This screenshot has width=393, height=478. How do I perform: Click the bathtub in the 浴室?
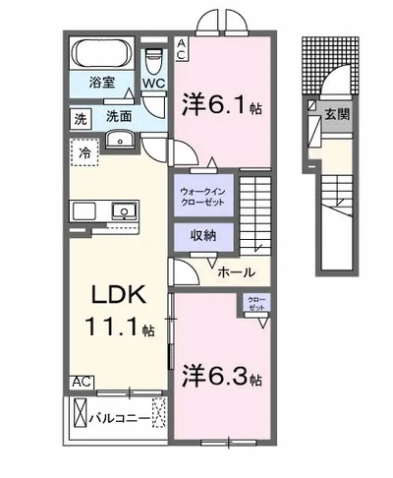[102, 53]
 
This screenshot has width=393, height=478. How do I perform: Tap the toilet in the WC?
[154, 62]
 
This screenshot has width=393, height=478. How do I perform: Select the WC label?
[153, 84]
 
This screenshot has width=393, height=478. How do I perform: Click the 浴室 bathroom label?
[102, 82]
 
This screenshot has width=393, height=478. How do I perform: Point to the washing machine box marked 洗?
[81, 119]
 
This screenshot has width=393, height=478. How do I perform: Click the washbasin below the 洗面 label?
[120, 139]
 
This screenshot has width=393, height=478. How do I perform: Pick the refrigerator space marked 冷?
[84, 152]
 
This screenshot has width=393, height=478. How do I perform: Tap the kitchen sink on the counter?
[124, 210]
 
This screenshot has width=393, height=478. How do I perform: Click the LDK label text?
[118, 294]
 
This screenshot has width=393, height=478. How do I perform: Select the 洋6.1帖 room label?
[222, 103]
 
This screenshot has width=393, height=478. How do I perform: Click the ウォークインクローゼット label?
[203, 197]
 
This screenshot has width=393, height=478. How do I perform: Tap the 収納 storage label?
[203, 235]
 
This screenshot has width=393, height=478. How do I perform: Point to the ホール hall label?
[236, 272]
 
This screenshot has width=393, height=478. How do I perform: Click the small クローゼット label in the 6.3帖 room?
[256, 304]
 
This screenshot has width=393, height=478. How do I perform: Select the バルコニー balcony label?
[120, 419]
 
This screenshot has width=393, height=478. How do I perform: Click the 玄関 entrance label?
[337, 114]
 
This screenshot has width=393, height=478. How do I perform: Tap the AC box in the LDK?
[82, 383]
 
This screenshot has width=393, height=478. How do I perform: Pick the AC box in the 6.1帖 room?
[182, 49]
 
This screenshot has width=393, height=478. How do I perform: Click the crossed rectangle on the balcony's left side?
[81, 412]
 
